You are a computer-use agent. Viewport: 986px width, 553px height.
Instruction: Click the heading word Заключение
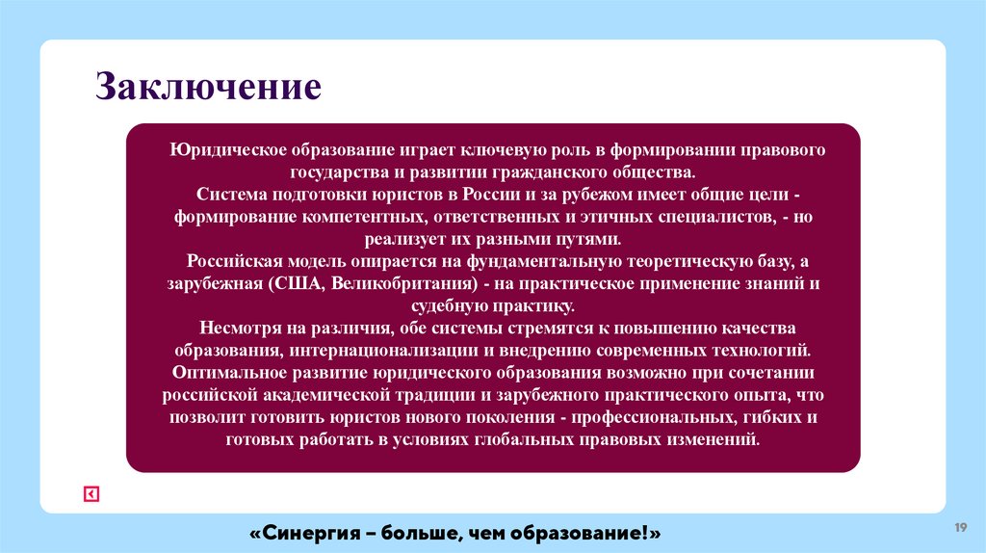pyautogui.click(x=207, y=87)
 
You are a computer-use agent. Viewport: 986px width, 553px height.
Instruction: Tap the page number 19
pyautogui.click(x=960, y=527)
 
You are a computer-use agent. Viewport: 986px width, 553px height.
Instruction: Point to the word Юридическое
pyautogui.click(x=218, y=151)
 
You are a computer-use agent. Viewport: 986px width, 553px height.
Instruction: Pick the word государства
pyautogui.click(x=337, y=172)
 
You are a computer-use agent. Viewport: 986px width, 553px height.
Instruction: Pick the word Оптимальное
pyautogui.click(x=221, y=372)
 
